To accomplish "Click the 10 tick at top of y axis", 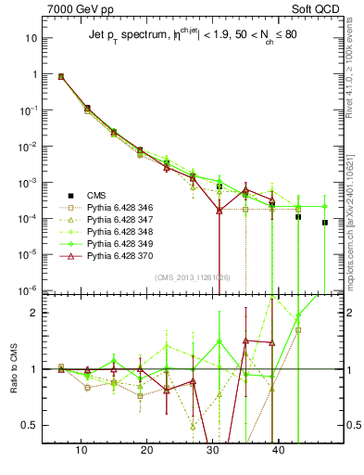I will click(x=31, y=39).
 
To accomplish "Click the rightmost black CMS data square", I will click(x=325, y=223).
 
